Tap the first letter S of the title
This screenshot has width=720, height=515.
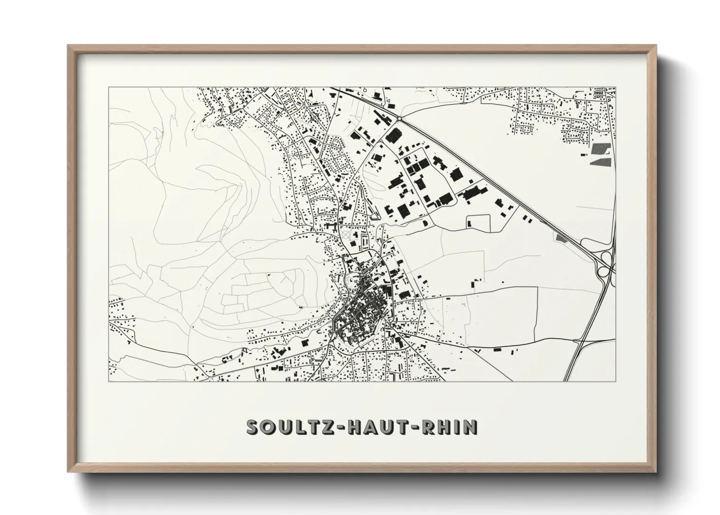click(253, 427)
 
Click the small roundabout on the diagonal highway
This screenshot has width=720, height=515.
click(399, 118)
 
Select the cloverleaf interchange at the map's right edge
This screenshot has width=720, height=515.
click(606, 263)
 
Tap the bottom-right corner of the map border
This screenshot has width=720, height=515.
click(615, 381)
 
